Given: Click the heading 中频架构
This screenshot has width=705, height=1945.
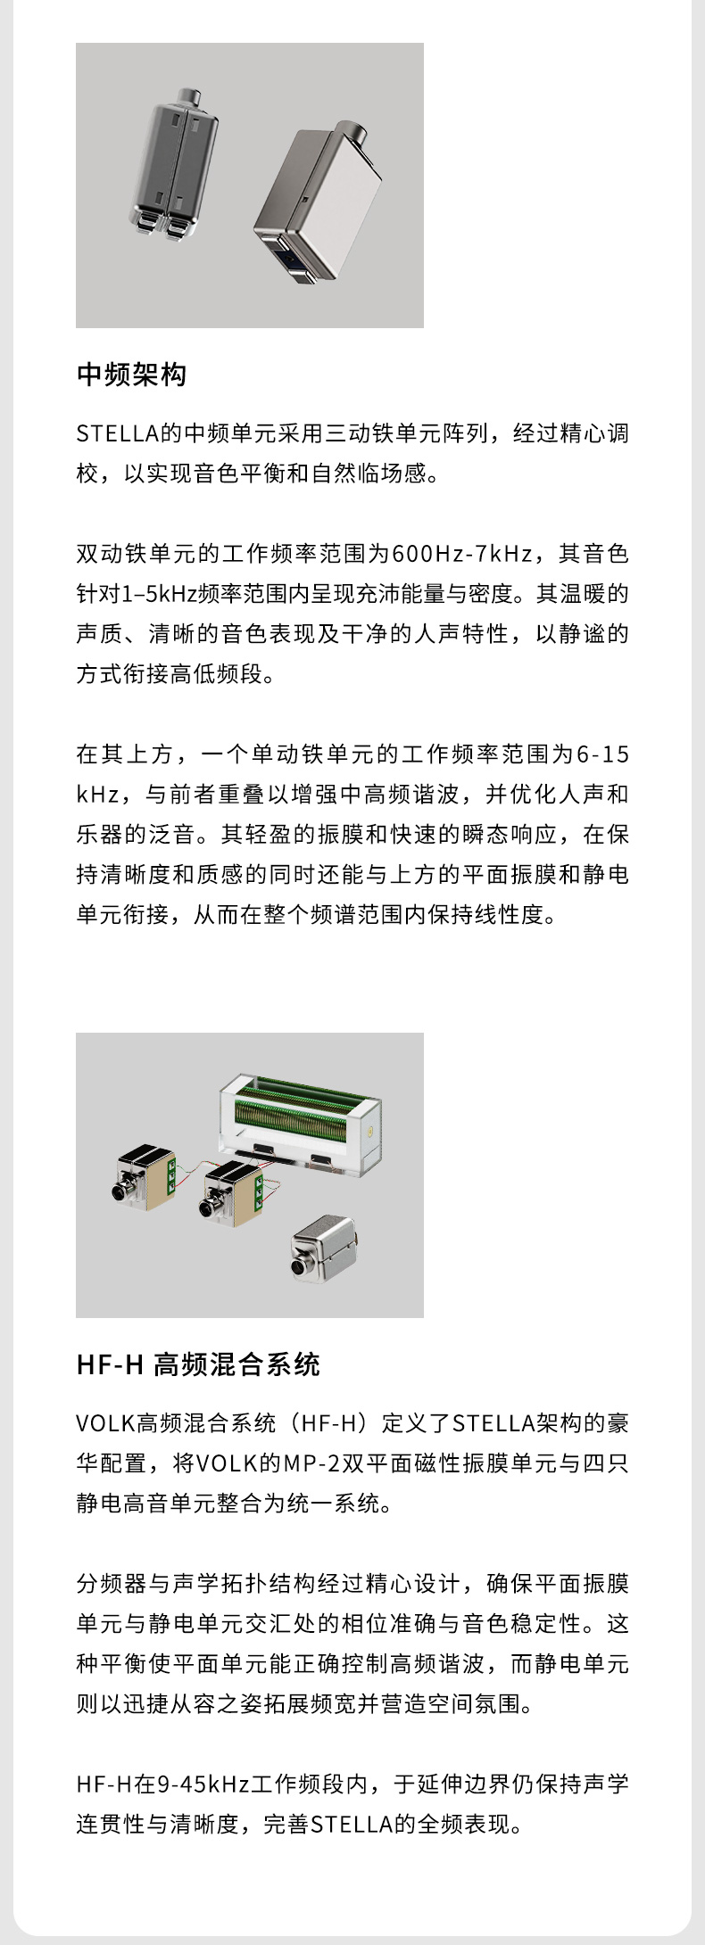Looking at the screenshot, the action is tap(132, 375).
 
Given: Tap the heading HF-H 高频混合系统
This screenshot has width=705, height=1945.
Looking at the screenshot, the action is tap(198, 1364).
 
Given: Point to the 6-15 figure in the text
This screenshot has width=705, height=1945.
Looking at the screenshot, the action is tap(602, 754).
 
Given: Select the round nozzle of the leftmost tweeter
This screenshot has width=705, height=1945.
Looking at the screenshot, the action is tap(120, 1191).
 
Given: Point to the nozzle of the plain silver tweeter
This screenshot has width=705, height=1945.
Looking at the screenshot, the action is tap(299, 1266).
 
